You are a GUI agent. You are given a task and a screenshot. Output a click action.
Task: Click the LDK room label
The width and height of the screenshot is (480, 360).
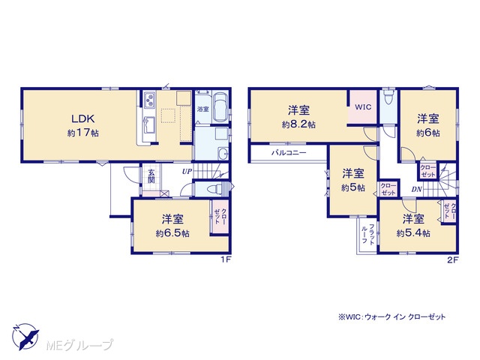pos(83,118)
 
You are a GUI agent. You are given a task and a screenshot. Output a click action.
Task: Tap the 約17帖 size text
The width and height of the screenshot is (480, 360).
pos(83,133)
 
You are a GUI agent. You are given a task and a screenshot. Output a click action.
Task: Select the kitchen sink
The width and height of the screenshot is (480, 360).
pos(149,125)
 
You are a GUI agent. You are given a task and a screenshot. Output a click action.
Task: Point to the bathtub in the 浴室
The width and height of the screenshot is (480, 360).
pos(220,107)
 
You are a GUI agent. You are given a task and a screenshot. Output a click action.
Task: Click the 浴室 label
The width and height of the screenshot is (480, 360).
pos(202,109)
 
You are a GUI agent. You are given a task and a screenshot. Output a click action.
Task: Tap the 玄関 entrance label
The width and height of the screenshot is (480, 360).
pos(151,176)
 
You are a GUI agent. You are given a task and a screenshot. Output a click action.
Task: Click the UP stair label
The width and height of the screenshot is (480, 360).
pos(187,172)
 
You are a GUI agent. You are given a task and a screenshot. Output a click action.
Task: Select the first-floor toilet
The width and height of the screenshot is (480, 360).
pos(214,189)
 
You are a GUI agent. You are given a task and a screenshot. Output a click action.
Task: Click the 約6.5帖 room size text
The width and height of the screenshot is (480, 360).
pos(172,233)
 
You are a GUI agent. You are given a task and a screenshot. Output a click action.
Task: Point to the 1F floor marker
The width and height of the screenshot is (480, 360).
pos(226,259)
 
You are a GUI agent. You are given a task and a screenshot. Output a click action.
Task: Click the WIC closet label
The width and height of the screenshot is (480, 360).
pos(363,106)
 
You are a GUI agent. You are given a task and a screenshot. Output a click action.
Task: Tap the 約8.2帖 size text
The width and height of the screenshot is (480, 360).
pos(298,124)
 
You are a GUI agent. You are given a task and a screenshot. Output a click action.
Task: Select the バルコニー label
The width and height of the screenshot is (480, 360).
pos(289,152)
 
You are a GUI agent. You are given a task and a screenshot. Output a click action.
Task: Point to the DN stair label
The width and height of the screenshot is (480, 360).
pos(417,190)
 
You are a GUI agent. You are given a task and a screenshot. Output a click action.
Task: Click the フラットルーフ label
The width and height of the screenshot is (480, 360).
pos(368,234)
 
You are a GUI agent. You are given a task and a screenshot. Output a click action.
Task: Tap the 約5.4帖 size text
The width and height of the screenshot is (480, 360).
pos(413,233)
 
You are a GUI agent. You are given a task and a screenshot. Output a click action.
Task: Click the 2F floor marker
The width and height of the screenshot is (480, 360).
pos(452,260)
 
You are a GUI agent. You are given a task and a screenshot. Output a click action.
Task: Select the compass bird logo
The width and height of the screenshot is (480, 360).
pos(25,336)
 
